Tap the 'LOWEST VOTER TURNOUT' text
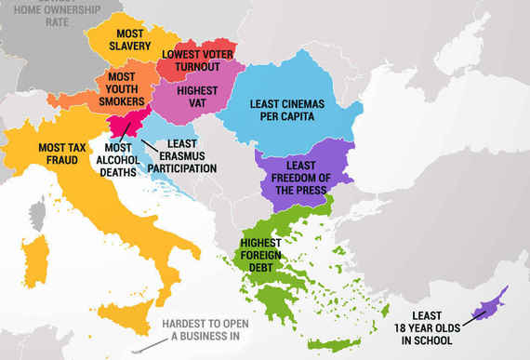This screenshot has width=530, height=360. pyautogui.click(x=198, y=60)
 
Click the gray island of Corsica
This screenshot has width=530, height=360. pyautogui.click(x=38, y=215)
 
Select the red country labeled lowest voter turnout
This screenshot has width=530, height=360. pyautogui.click(x=206, y=52)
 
